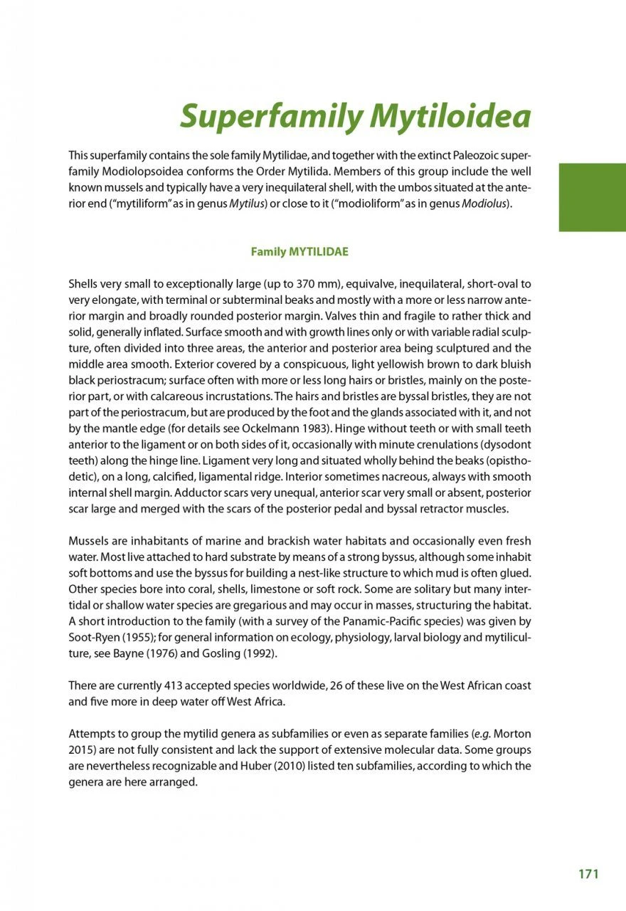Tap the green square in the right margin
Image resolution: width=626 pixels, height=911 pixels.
[592, 197]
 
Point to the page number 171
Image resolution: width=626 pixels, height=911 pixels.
[588, 874]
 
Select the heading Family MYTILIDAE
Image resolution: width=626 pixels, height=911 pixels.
[299, 252]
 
